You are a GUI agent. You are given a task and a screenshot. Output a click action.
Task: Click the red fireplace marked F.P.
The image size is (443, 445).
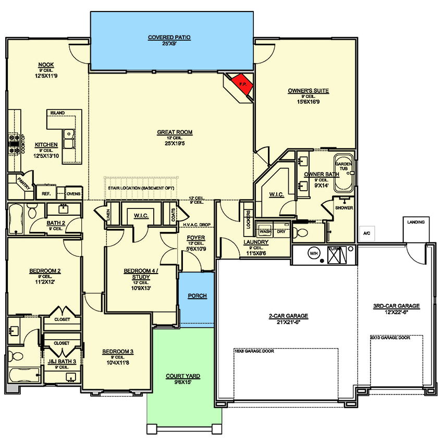point(241,85)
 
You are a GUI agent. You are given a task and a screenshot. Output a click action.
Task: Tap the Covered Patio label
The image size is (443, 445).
point(169,38)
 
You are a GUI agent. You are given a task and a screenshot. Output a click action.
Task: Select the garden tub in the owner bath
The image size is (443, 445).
point(343,173)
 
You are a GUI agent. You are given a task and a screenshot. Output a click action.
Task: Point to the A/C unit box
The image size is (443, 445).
point(366,233)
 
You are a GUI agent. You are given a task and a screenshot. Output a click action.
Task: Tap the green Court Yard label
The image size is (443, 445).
point(183,376)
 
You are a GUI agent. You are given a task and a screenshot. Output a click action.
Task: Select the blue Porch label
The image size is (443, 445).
point(197,296)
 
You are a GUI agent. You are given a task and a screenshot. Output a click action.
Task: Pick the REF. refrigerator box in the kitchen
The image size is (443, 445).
point(45,193)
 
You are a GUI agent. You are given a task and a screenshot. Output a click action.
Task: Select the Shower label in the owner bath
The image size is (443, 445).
point(344,207)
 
